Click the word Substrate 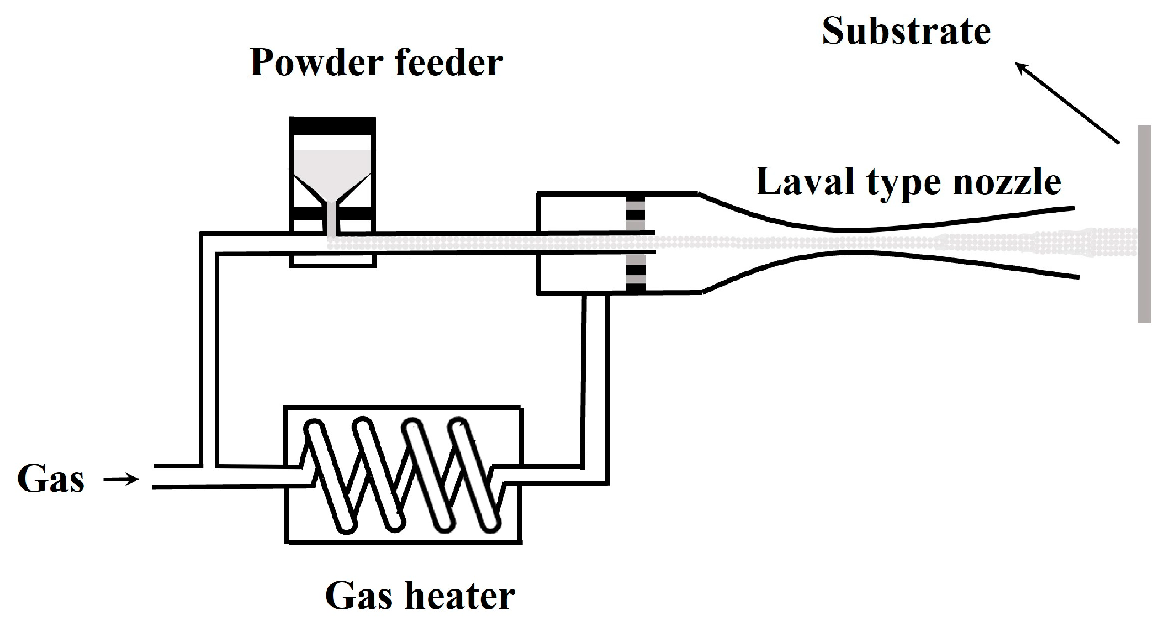click(x=906, y=32)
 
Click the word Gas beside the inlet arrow click(x=51, y=480)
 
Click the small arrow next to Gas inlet click(x=121, y=480)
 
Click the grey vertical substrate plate click(x=1144, y=224)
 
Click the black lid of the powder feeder click(x=332, y=126)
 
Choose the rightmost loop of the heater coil click(x=475, y=475)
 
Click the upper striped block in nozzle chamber click(x=635, y=213)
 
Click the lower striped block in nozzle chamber click(x=635, y=273)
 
